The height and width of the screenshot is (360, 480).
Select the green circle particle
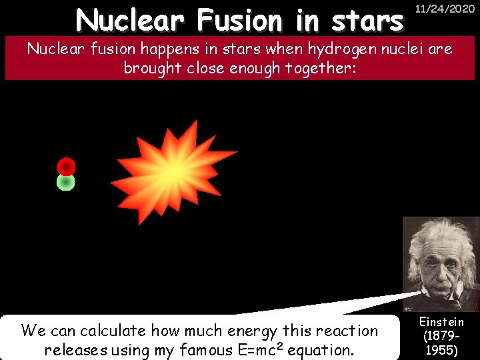point(65,182)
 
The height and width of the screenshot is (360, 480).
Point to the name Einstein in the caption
point(441,322)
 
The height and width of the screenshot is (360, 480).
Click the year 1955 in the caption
point(441,350)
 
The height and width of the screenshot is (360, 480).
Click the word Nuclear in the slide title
point(129,21)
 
